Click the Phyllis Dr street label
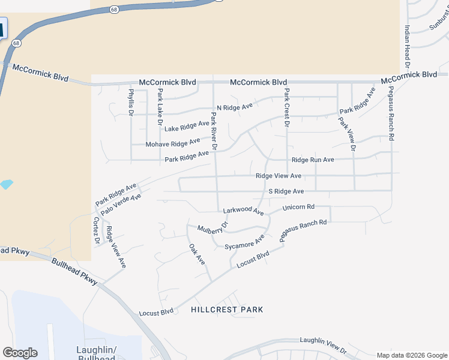click(131, 101)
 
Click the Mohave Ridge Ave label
click(173, 143)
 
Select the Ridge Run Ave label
click(313, 160)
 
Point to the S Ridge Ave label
click(286, 191)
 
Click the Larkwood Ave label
click(243, 211)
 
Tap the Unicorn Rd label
click(298, 207)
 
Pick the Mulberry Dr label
click(213, 229)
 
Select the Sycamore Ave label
click(244, 242)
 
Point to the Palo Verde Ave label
click(121, 204)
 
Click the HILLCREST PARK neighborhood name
click(227, 310)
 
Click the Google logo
click(20, 353)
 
